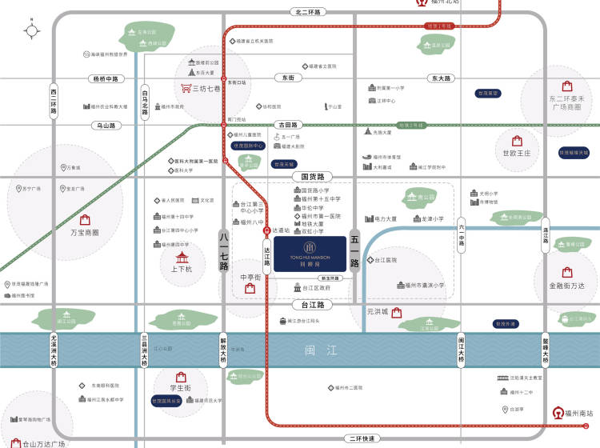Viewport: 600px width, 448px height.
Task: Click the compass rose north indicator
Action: pos(32,30)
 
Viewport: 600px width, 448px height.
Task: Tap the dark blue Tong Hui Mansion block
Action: pos(308,254)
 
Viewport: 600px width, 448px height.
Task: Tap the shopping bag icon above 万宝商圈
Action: pos(85,218)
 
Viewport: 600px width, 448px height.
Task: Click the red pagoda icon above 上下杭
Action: pos(183,258)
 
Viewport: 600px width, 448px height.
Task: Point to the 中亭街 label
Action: pos(251,277)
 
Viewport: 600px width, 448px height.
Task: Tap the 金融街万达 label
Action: pos(567,285)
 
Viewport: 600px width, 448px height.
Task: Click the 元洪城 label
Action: pos(376,311)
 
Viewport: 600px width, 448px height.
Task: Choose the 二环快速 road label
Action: pos(362,439)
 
